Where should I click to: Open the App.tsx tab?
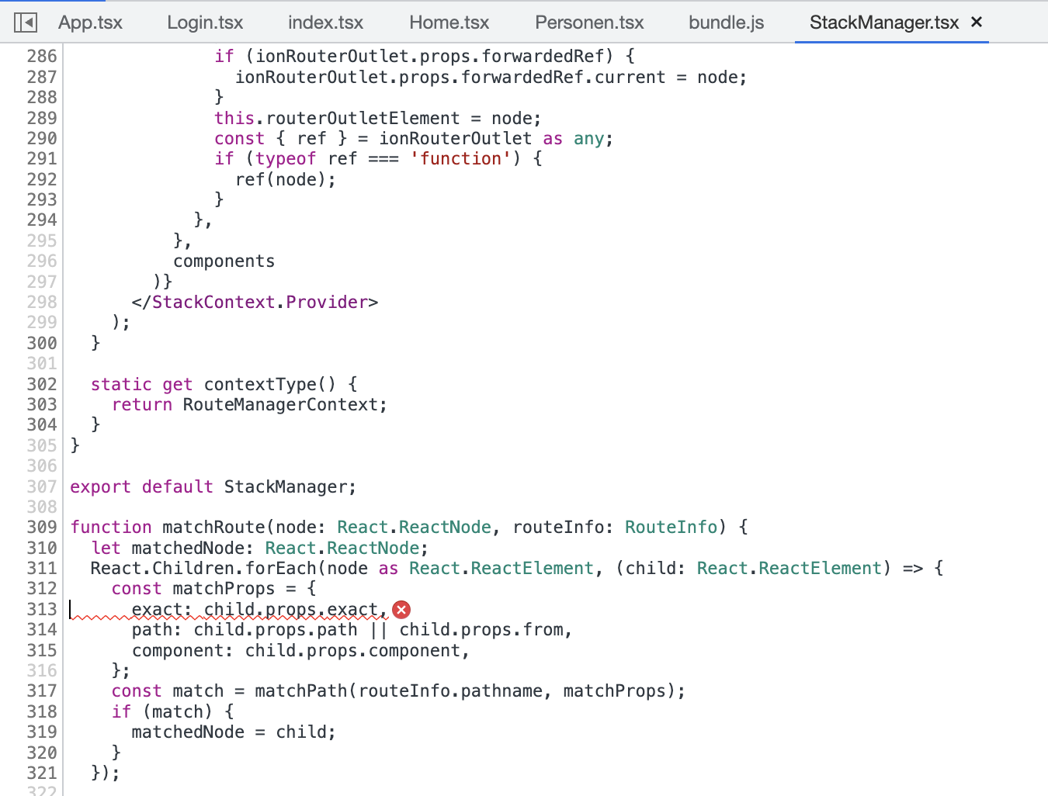pyautogui.click(x=90, y=22)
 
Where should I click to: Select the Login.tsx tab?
pyautogui.click(x=205, y=22)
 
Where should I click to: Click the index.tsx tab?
pyautogui.click(x=325, y=22)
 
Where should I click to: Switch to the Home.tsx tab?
pyautogui.click(x=449, y=22)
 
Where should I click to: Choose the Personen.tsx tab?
pyautogui.click(x=589, y=22)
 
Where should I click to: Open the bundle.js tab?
pyautogui.click(x=726, y=22)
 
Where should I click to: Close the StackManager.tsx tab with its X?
pyautogui.click(x=977, y=22)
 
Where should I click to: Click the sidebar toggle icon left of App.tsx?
pyautogui.click(x=26, y=22)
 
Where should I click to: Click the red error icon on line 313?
pyautogui.click(x=401, y=610)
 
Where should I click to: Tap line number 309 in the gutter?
pyautogui.click(x=42, y=527)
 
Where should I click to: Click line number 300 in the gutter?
pyautogui.click(x=42, y=343)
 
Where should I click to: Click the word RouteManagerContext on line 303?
pyautogui.click(x=279, y=405)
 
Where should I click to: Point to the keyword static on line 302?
pyautogui.click(x=121, y=384)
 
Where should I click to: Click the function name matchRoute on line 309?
pyautogui.click(x=213, y=528)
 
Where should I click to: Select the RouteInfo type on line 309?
pyautogui.click(x=671, y=528)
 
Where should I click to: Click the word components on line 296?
pyautogui.click(x=224, y=261)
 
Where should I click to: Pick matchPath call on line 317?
pyautogui.click(x=300, y=691)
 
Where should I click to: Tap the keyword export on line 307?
pyautogui.click(x=100, y=487)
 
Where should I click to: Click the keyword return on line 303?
pyautogui.click(x=142, y=405)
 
